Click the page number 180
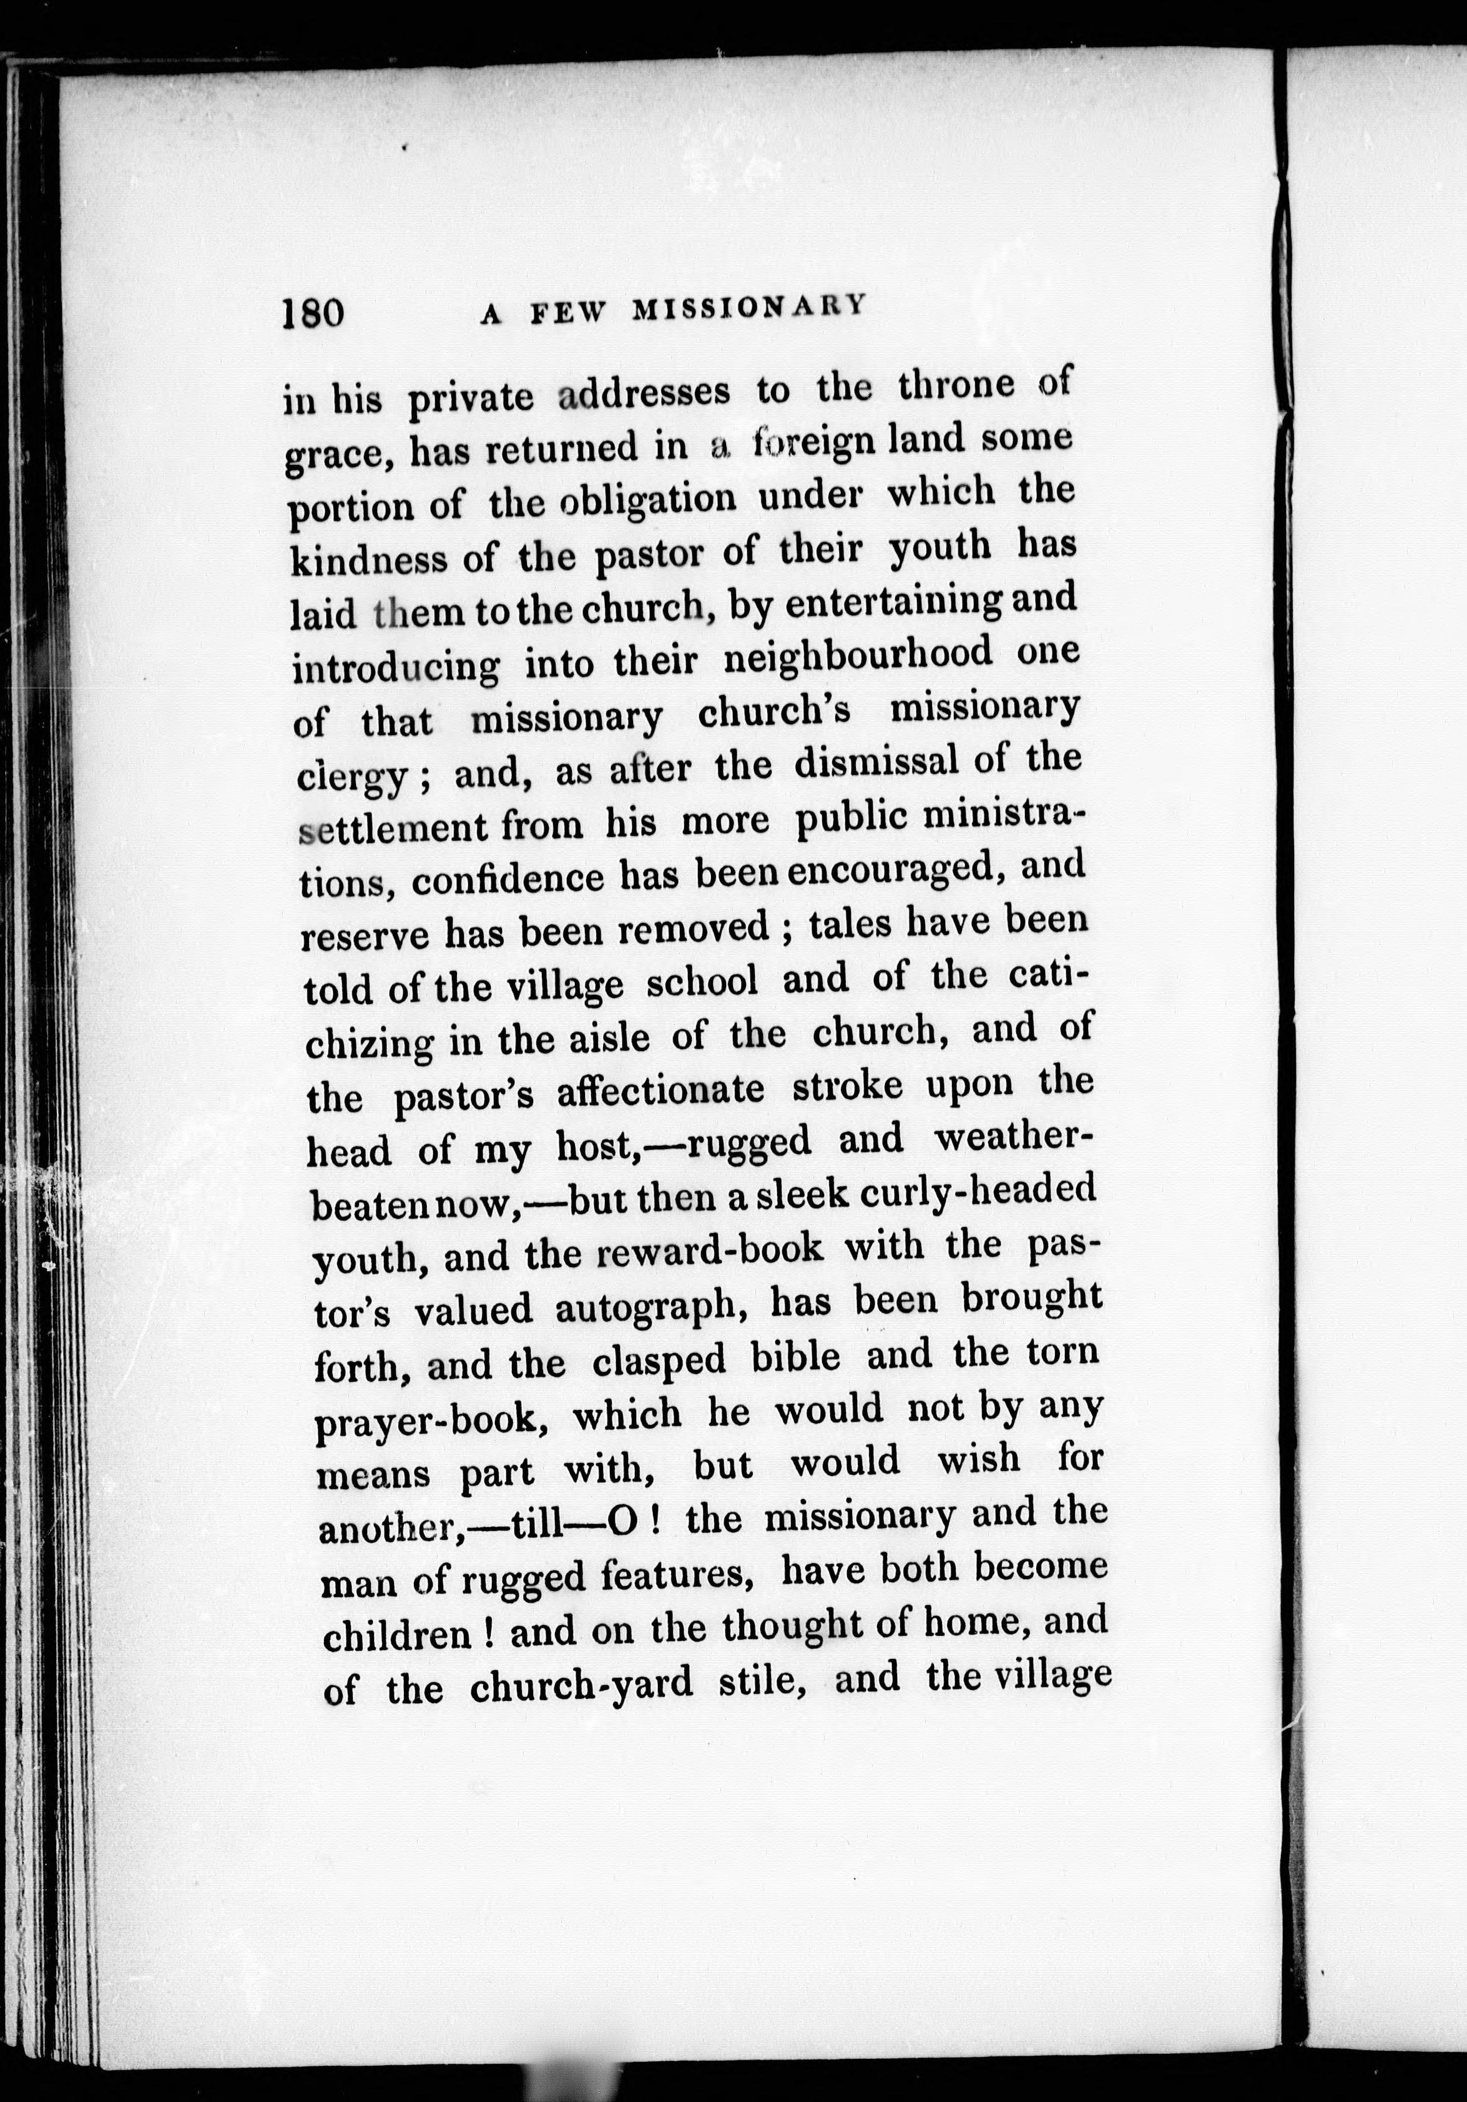(313, 313)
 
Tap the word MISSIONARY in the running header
(748, 308)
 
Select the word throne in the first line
(956, 386)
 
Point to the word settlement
(395, 828)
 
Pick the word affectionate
(660, 1090)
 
